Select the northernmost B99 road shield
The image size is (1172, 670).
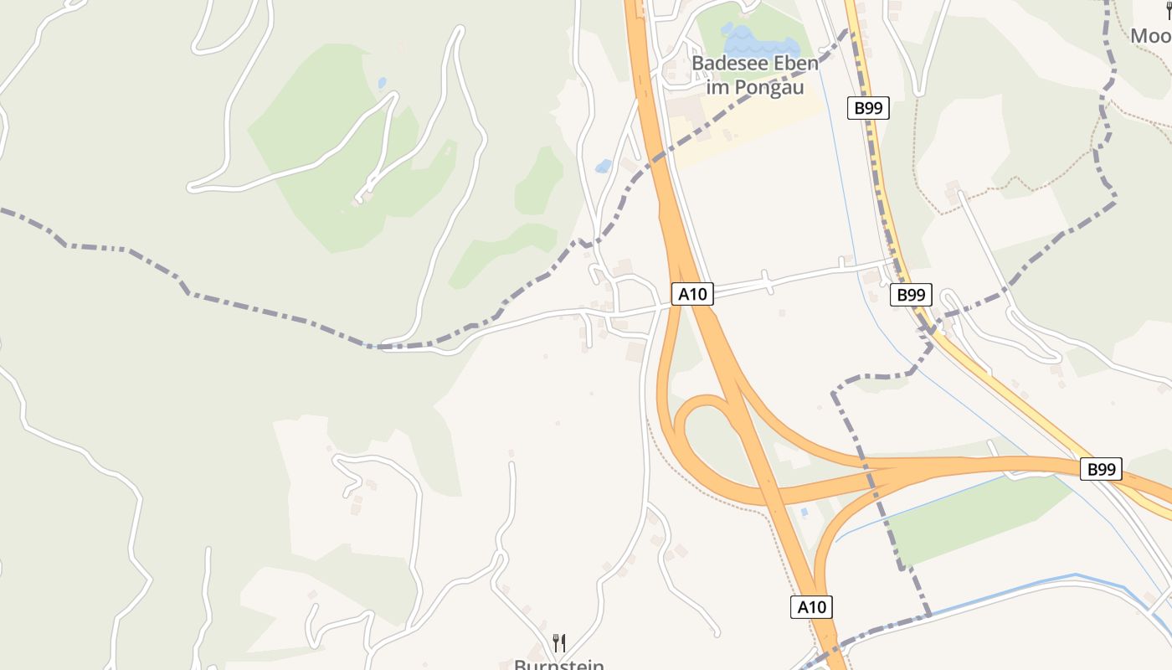coord(867,108)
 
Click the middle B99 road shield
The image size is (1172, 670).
coord(911,295)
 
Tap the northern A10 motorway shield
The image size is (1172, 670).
coord(692,294)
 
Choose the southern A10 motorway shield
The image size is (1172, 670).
coord(811,607)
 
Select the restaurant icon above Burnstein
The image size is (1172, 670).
coord(559,643)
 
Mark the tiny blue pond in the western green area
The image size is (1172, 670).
coord(382,83)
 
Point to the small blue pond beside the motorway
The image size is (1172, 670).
coord(604,166)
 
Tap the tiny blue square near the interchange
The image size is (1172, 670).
coord(804,511)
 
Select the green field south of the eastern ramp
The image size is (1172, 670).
coord(971,519)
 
